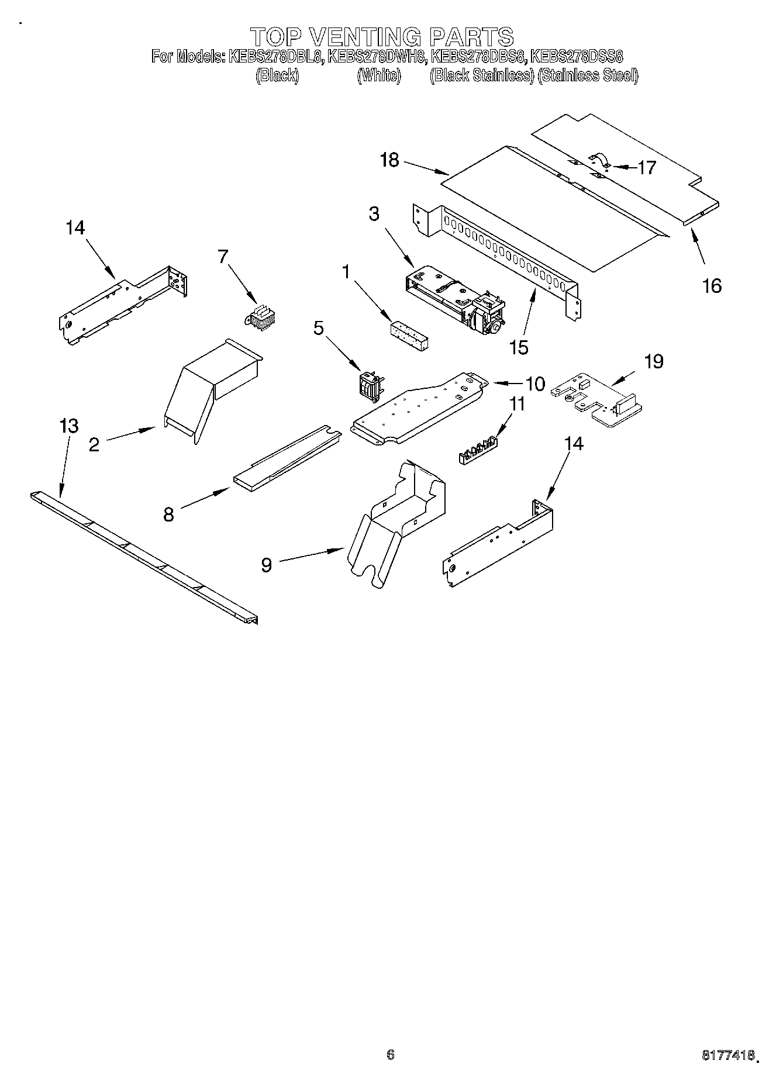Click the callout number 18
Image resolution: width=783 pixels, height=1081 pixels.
click(389, 160)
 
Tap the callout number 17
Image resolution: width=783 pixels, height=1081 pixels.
click(647, 168)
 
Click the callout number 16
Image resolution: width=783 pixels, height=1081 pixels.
click(712, 286)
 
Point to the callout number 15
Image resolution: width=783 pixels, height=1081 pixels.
click(519, 347)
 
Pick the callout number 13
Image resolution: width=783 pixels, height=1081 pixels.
click(69, 426)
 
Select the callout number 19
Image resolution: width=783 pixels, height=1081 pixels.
click(654, 362)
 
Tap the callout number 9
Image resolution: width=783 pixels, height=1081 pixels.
click(267, 565)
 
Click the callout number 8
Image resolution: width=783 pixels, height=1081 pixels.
click(168, 514)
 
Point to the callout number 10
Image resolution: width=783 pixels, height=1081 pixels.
click(535, 384)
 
